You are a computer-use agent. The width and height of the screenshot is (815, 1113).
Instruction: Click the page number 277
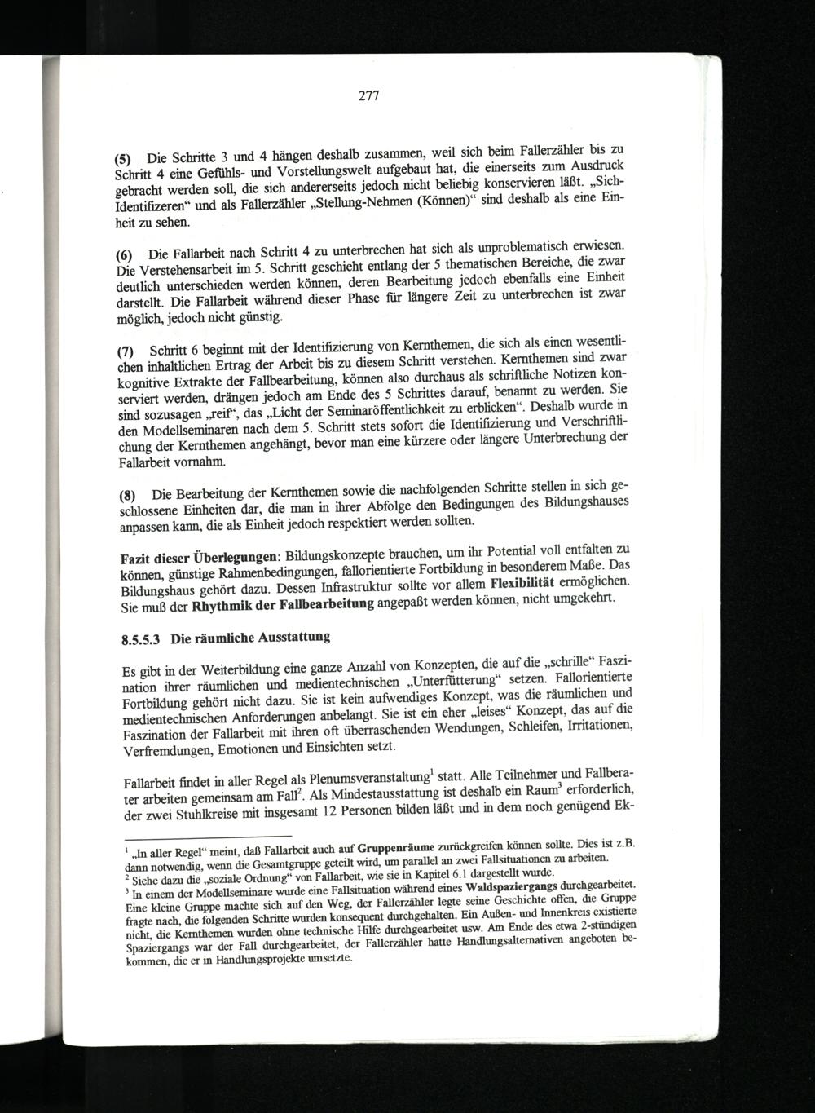369,96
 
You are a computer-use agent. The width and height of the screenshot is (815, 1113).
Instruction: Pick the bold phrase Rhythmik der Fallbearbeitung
283,604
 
